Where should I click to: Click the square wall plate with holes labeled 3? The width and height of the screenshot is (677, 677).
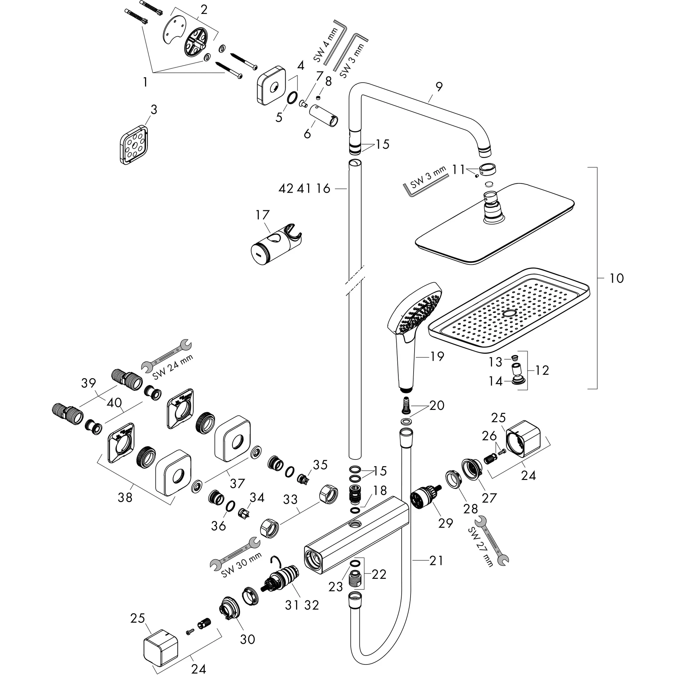134,144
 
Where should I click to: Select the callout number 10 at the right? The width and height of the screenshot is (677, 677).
617,278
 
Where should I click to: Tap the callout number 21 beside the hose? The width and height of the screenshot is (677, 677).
436,561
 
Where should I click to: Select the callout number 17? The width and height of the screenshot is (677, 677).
262,215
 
